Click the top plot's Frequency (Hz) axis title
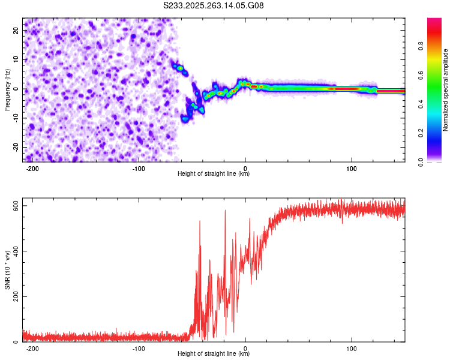click(x=8, y=89)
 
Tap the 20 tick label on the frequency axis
click(x=16, y=30)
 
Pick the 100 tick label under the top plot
click(x=352, y=169)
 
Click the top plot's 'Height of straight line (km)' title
click(x=214, y=174)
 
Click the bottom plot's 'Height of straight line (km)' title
click(x=214, y=354)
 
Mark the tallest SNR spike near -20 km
click(x=225, y=211)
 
